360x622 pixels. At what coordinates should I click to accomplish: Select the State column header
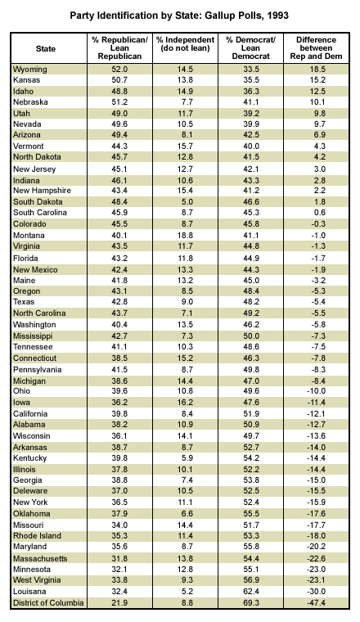point(46,49)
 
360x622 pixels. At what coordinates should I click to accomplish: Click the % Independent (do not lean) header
point(185,44)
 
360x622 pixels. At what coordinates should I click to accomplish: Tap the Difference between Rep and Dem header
point(316,48)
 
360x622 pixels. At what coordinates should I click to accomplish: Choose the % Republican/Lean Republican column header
point(119,48)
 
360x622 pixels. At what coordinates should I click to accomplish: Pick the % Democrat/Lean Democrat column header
point(250,48)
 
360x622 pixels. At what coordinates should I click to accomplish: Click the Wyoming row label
point(30,70)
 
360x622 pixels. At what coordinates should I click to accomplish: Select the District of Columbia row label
point(48,603)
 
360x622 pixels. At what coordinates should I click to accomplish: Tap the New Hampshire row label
point(42,191)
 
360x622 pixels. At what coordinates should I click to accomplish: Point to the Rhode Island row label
point(38,536)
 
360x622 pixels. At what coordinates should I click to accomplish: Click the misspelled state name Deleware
point(30,491)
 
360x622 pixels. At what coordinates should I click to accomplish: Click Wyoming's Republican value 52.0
point(119,70)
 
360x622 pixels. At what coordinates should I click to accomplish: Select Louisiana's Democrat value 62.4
point(250,592)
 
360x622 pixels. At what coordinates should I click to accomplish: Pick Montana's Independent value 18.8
point(185,235)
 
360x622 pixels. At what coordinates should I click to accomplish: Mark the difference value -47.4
point(316,603)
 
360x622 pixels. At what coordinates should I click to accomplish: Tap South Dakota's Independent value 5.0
point(187,201)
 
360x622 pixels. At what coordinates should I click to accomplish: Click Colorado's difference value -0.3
point(317,224)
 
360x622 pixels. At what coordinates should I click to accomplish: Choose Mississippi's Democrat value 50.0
point(250,336)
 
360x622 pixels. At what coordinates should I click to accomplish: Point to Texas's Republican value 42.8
point(119,302)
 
